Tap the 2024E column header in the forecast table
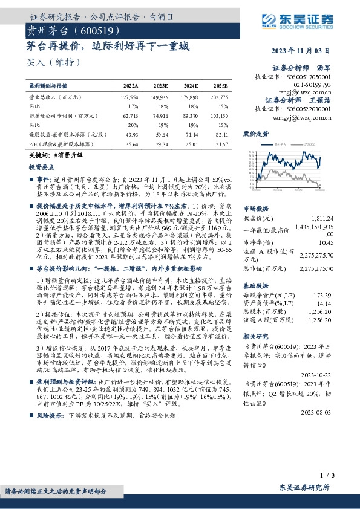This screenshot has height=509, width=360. pyautogui.click(x=189, y=86)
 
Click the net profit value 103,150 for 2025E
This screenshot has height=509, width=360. pyautogui.click(x=218, y=115)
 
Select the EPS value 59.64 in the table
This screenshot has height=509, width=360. pyautogui.click(x=160, y=134)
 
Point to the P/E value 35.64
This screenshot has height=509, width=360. pyautogui.click(x=130, y=145)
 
